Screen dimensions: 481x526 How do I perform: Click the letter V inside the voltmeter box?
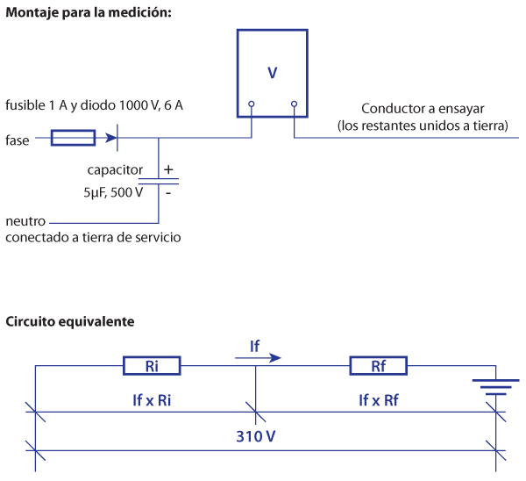(273, 73)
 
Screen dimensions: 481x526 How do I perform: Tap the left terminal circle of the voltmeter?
(252, 104)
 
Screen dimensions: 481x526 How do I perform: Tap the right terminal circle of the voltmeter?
(294, 104)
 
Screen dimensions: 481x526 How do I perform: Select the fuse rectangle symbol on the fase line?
(74, 138)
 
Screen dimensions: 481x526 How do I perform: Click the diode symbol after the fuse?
(112, 138)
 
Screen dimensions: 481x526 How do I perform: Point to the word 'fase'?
(17, 139)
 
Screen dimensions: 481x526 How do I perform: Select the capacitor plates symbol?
(159, 180)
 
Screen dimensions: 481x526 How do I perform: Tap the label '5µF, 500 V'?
(112, 191)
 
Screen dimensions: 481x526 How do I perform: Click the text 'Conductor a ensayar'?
(423, 109)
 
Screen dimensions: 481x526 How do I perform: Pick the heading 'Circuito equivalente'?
(70, 321)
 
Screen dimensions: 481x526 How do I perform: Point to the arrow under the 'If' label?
(259, 357)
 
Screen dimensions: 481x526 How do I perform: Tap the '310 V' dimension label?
(255, 434)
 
